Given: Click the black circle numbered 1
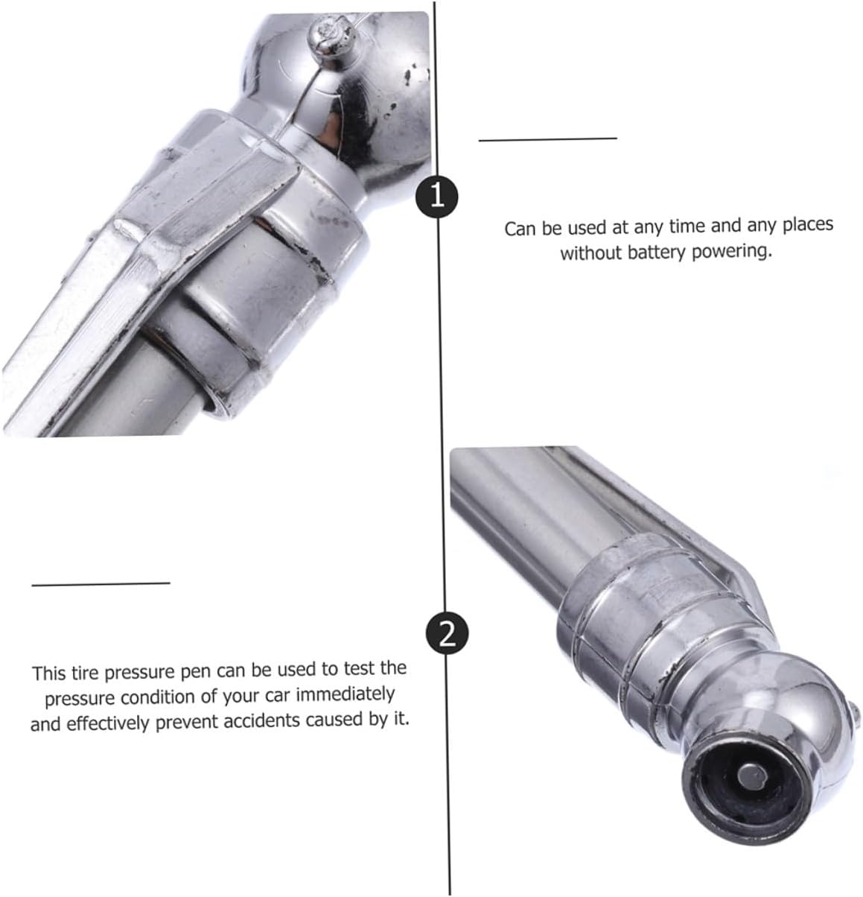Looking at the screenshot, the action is (x=437, y=197).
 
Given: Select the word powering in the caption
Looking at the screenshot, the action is (x=732, y=252).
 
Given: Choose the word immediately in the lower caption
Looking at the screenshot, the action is (x=345, y=694).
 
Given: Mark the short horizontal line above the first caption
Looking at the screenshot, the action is (x=547, y=139).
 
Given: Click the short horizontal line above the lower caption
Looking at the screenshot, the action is (x=101, y=584).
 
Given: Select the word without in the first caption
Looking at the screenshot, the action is (x=591, y=253).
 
